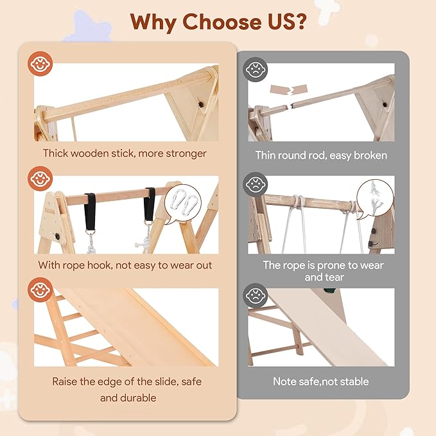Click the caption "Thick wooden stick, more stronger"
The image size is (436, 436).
[x=125, y=153]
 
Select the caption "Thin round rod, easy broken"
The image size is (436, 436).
[x=320, y=155]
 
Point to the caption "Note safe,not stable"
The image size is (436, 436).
[x=320, y=381]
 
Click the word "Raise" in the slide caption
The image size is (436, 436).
[x=67, y=381]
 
